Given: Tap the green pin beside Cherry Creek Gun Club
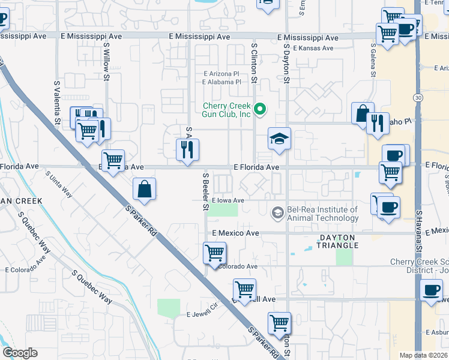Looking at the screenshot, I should [x=260, y=110].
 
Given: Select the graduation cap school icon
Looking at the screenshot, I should [x=279, y=139].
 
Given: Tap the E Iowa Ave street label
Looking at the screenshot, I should [x=228, y=200].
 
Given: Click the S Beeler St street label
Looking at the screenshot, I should [x=205, y=192].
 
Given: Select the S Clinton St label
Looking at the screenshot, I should [x=255, y=62].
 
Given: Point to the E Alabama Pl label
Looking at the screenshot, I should [x=221, y=82].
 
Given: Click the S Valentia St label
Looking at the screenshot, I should [x=57, y=103].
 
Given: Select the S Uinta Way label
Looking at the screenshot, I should [x=59, y=185].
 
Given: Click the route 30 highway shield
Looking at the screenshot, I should [x=417, y=97].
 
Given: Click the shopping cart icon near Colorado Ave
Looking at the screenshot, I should [x=214, y=253].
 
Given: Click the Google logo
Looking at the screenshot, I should [x=20, y=353].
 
